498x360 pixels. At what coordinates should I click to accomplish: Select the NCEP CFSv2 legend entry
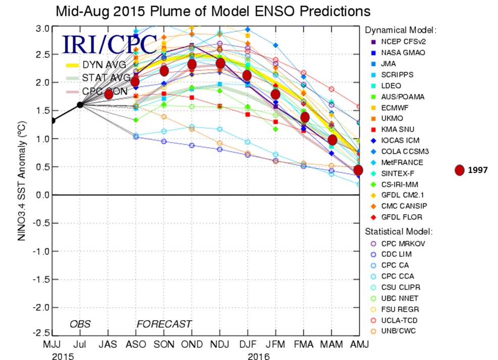pos(397,41)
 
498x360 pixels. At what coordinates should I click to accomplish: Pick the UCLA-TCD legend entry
pos(395,320)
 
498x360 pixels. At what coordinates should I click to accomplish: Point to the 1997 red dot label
pos(477,171)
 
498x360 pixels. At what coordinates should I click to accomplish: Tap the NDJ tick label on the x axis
pos(220,344)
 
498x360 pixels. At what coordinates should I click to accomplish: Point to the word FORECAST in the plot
pos(164,324)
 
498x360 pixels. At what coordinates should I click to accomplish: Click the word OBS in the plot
pos(80,324)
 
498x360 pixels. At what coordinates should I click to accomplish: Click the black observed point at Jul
pos(80,105)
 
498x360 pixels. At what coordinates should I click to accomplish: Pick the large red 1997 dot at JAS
pos(108,94)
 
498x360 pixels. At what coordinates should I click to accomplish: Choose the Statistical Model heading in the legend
pos(399,232)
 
